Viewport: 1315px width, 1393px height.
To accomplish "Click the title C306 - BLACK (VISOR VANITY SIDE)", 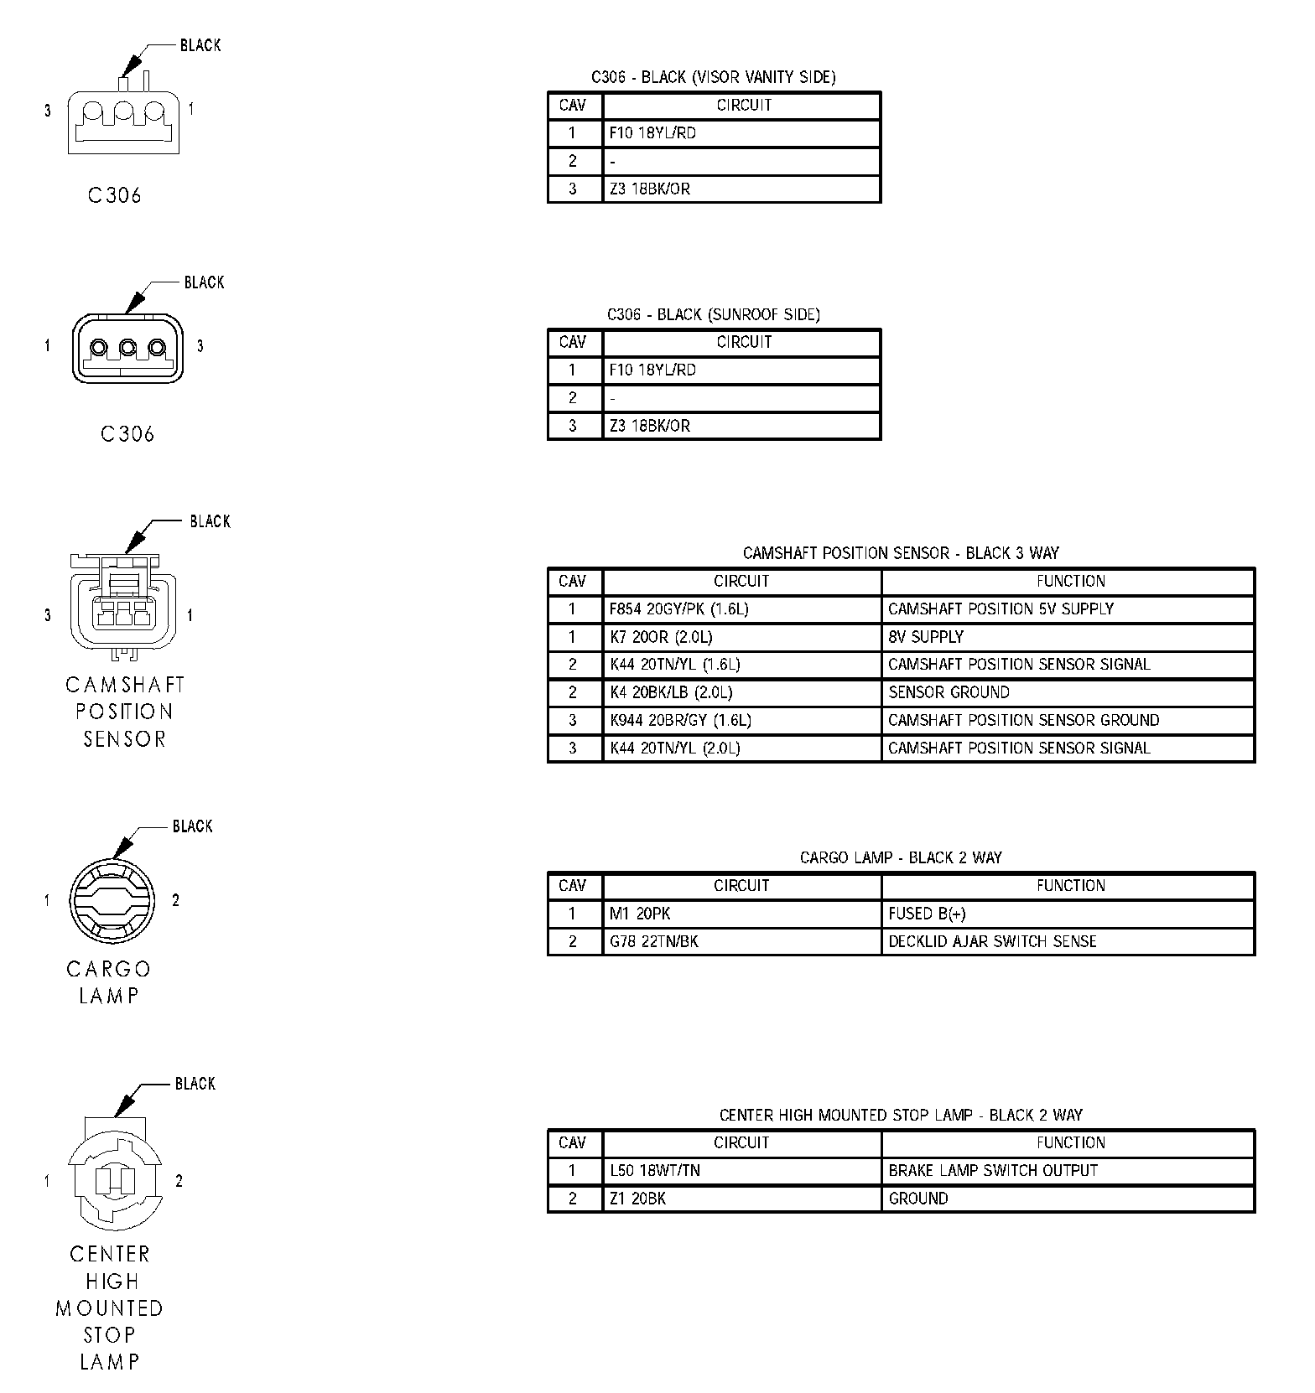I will [x=713, y=77].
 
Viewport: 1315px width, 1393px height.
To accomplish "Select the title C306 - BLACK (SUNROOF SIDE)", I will [x=713, y=314].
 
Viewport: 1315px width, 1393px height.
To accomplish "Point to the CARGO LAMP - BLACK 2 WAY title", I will [x=901, y=857].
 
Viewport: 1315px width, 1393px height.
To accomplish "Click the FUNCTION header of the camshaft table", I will [x=1070, y=581].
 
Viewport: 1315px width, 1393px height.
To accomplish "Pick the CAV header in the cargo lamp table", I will [x=573, y=885].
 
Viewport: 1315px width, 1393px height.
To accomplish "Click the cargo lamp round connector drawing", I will [x=111, y=902].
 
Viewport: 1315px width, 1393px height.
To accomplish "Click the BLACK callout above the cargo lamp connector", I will [x=192, y=826].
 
